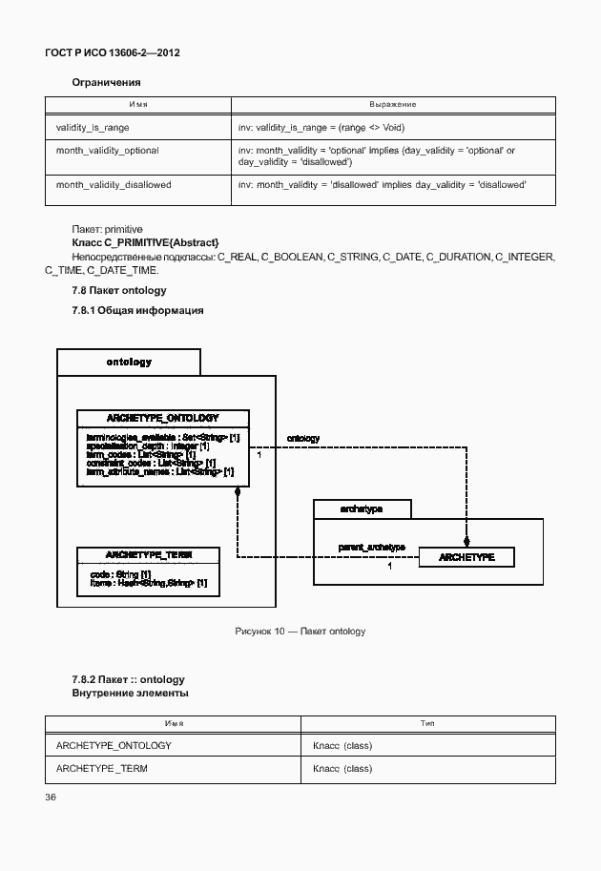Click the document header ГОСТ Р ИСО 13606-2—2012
[x=113, y=53]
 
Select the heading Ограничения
[x=106, y=83]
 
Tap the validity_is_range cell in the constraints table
[x=93, y=127]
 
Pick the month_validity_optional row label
[x=107, y=151]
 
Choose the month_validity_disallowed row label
[x=114, y=184]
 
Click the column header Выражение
[x=392, y=104]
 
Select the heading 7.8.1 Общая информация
[x=137, y=310]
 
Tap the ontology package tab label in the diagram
[x=129, y=363]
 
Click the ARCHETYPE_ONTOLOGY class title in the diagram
[x=162, y=418]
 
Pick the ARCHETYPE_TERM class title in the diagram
[x=148, y=554]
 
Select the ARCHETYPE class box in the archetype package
[x=466, y=557]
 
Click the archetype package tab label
[x=362, y=509]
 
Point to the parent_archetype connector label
[x=372, y=548]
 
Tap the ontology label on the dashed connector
[x=303, y=439]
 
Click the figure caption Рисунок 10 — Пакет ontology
[x=300, y=632]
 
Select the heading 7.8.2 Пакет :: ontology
[x=128, y=679]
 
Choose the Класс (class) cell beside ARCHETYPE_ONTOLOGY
[x=342, y=745]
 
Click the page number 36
[x=51, y=797]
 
